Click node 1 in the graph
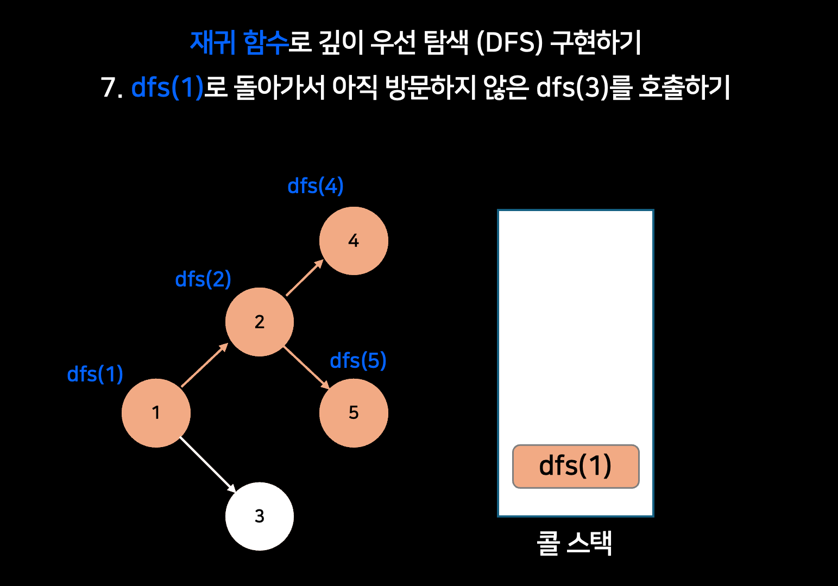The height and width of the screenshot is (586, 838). (156, 413)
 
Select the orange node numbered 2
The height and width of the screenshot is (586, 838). (260, 322)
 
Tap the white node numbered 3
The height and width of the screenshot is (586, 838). (260, 516)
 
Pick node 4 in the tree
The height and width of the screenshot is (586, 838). (354, 240)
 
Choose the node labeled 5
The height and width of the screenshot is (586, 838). (354, 413)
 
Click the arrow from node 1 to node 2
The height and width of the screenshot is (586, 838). (204, 365)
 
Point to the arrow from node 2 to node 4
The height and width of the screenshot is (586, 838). (305, 278)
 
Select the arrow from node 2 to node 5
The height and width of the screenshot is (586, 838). (306, 367)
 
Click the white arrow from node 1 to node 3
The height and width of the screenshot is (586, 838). (207, 464)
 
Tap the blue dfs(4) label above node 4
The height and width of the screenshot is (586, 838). (316, 186)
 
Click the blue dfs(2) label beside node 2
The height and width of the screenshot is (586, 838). (203, 279)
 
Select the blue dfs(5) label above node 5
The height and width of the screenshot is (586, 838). (358, 361)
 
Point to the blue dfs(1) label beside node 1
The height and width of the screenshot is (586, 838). (95, 374)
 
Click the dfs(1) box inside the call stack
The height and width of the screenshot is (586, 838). (576, 466)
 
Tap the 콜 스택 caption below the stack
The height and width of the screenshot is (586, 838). (575, 543)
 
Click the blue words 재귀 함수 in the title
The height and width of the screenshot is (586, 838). (239, 42)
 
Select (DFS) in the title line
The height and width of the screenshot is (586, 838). (509, 42)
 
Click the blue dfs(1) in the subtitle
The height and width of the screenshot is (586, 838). (167, 87)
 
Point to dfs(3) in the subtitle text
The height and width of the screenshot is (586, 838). (572, 87)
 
